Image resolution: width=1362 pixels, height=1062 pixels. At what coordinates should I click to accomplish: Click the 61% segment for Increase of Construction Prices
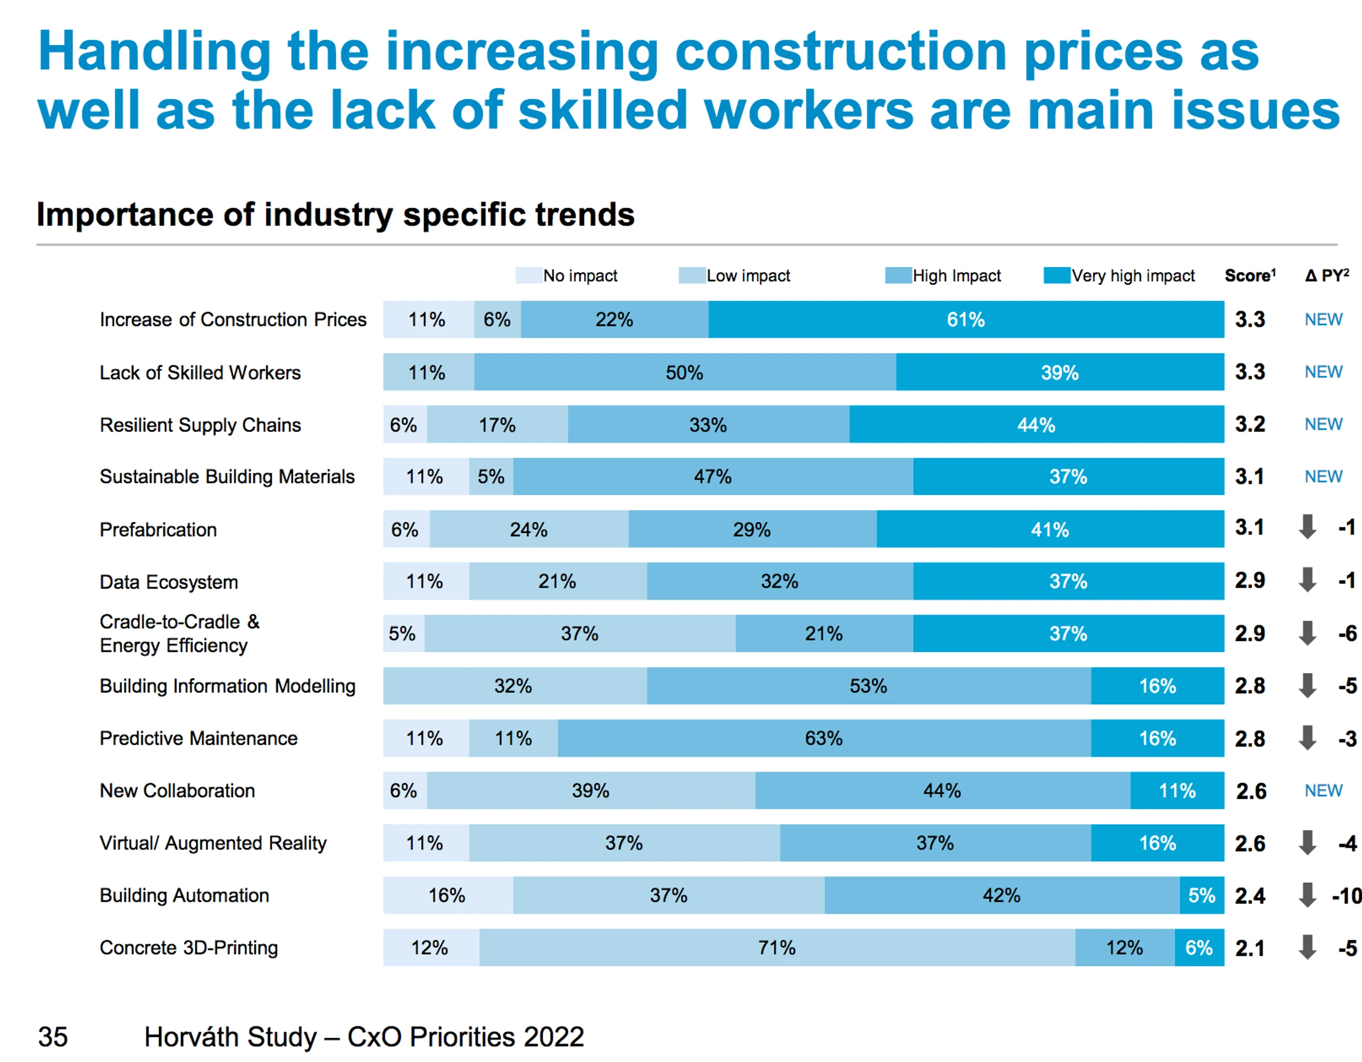tap(966, 319)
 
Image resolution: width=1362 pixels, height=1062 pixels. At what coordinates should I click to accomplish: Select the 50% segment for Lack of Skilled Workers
tap(685, 372)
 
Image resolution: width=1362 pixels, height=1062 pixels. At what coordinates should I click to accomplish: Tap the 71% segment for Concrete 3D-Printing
tap(777, 947)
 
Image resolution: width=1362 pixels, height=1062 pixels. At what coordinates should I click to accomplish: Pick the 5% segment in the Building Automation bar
tap(1202, 895)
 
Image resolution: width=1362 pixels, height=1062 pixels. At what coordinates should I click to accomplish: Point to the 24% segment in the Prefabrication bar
tap(529, 529)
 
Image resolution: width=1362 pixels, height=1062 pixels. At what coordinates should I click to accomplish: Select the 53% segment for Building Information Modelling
tap(869, 686)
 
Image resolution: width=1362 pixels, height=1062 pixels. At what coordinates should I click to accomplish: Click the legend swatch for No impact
tap(528, 275)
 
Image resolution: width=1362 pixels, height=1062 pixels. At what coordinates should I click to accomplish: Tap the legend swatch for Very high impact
tap(1057, 275)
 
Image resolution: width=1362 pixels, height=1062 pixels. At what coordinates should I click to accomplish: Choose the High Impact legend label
tap(957, 276)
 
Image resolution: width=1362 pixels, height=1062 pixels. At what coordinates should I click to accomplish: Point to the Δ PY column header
tap(1327, 275)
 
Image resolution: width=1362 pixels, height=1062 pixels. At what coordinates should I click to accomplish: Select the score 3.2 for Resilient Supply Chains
tap(1250, 424)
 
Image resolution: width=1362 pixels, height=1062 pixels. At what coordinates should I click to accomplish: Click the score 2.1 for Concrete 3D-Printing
tap(1250, 948)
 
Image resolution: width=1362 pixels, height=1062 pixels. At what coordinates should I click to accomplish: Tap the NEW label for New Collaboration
tap(1323, 791)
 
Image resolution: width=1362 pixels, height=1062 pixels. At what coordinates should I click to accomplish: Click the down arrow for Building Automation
tap(1307, 895)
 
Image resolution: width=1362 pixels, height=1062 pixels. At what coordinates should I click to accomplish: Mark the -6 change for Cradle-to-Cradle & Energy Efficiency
tap(1347, 633)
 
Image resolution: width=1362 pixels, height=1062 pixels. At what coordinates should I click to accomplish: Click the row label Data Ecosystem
tap(169, 581)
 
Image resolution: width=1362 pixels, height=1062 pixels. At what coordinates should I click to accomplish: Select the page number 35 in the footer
tap(53, 1036)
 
